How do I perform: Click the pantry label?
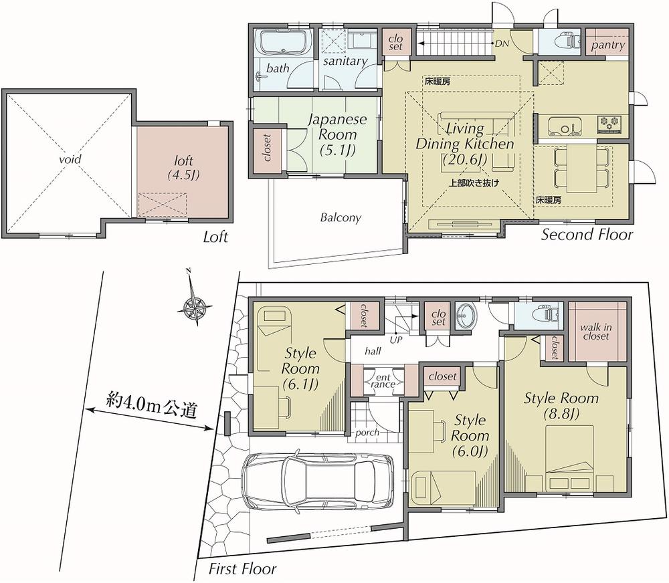(x=608, y=45)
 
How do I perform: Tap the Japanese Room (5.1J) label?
(x=337, y=133)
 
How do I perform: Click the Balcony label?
(x=340, y=217)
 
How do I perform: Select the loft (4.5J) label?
(x=183, y=168)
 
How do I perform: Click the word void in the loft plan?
(x=70, y=160)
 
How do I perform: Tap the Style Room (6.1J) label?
(x=300, y=368)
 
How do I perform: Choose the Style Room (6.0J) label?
(x=470, y=435)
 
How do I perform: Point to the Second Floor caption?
(x=587, y=234)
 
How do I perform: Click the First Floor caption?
(x=242, y=569)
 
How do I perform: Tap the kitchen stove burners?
(x=610, y=122)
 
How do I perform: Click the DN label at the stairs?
(x=501, y=44)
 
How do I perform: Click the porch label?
(x=367, y=432)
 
